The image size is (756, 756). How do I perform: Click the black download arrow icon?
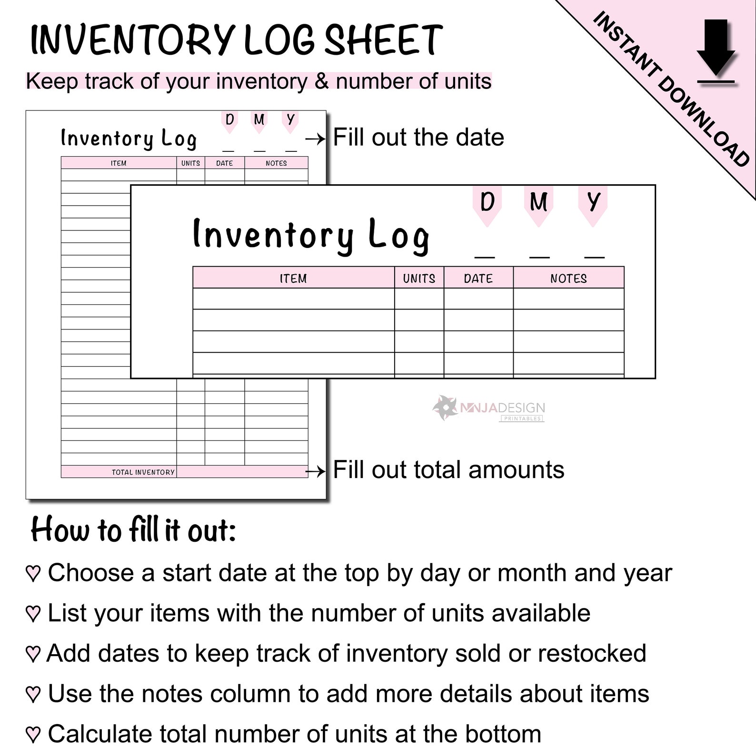tap(716, 50)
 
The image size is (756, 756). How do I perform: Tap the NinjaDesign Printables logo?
tap(489, 408)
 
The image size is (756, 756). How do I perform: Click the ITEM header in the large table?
tap(293, 279)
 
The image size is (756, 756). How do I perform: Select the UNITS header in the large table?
tap(419, 279)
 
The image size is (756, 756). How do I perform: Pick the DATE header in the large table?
tap(478, 279)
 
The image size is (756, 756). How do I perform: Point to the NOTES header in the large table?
tap(568, 279)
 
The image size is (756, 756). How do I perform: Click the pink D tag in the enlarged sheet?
tap(487, 204)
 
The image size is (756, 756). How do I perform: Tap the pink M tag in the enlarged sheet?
tap(538, 204)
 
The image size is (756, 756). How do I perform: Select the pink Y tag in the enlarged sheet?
tap(593, 204)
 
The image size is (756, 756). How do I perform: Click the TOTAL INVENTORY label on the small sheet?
tap(143, 472)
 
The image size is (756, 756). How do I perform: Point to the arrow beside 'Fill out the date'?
tap(315, 139)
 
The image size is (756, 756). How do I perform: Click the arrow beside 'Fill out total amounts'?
tap(315, 471)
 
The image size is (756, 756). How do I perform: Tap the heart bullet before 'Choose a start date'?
tap(33, 574)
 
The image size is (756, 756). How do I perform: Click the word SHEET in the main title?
tap(384, 40)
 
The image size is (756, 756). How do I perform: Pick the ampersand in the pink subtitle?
tap(322, 81)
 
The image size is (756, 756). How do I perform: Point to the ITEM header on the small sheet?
tap(119, 163)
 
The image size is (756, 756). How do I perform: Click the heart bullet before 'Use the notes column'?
tap(33, 695)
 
